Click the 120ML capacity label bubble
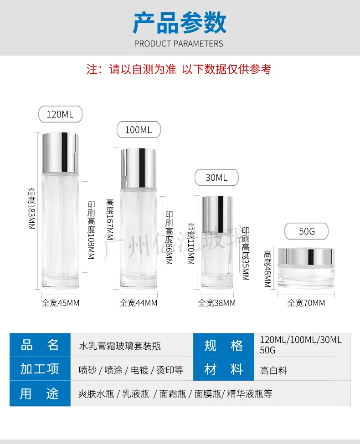pos(60,114)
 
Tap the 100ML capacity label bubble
pos(139,130)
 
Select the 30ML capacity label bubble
pos(216,178)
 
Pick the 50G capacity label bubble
pos(306,231)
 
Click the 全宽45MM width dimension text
pos(60,303)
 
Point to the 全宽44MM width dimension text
pos(139,303)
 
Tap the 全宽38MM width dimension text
pos(216,303)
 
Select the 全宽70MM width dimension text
pos(306,303)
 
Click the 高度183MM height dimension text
pos(31,209)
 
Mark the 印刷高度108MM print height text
pos(91,230)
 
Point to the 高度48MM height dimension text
pos(267,269)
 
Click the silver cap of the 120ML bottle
pos(60,153)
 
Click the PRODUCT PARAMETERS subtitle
pos(179,44)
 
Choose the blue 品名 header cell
pos(40,345)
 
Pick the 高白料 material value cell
pos(302,369)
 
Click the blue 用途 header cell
pos(40,393)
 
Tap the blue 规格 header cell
pos(224,345)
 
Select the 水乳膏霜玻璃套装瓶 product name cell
pos(132,345)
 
